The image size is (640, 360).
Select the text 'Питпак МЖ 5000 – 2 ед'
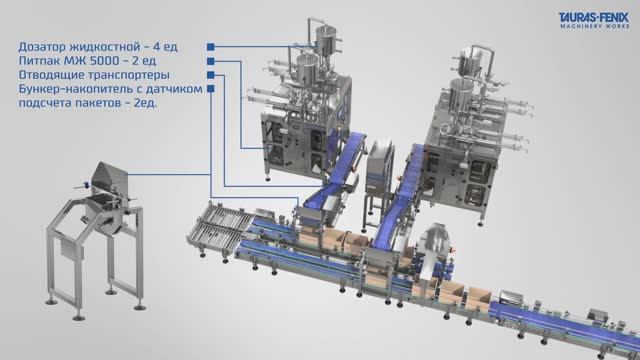coord(87,61)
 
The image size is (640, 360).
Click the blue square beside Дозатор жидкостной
coord(211,47)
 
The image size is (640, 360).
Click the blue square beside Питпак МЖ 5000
coord(211,61)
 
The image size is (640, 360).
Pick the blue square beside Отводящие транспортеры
coord(211,75)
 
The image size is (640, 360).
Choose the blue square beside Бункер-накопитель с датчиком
coord(211,89)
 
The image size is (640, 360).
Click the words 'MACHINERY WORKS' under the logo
coord(595,26)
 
